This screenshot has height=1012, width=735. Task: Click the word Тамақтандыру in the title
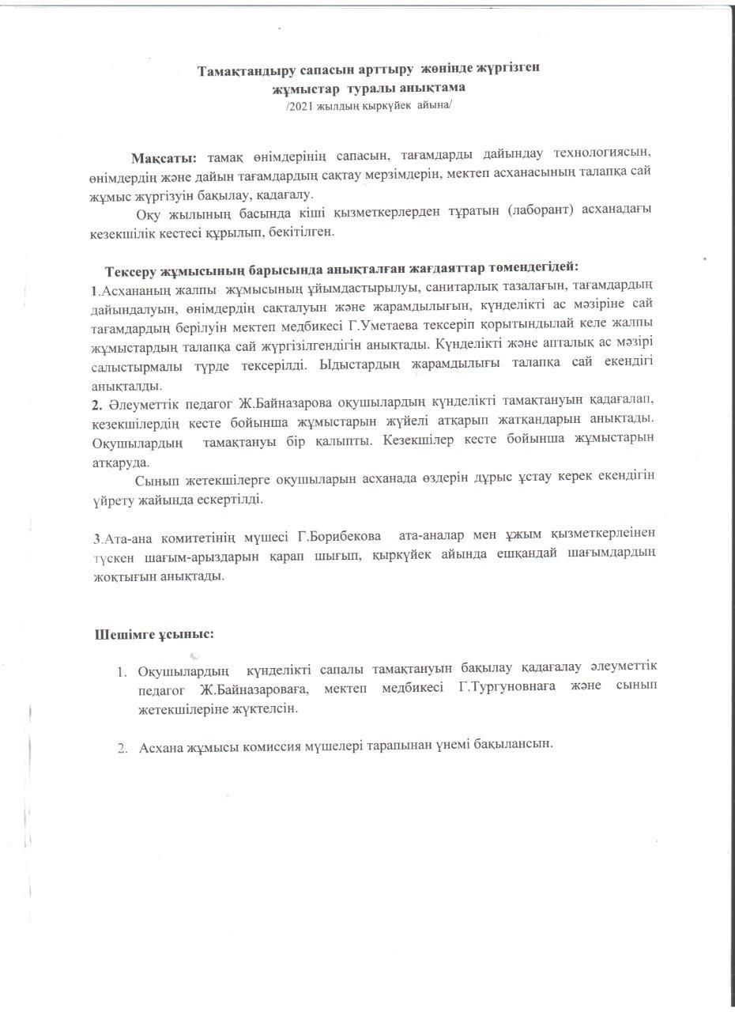pyautogui.click(x=242, y=70)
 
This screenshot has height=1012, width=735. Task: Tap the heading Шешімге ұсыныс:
pyautogui.click(x=154, y=635)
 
